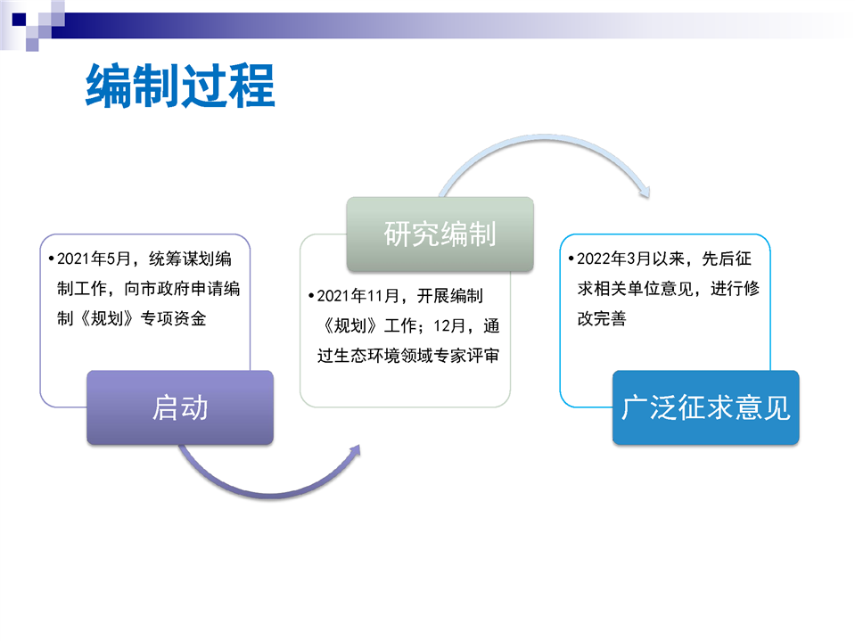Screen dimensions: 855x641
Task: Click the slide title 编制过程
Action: (x=180, y=86)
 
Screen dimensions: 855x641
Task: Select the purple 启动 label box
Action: (x=180, y=407)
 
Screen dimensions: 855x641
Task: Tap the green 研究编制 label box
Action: (x=440, y=234)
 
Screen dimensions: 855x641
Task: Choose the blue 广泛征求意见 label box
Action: (x=705, y=407)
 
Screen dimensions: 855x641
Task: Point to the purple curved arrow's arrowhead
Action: (x=355, y=452)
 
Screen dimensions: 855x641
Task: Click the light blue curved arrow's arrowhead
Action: (x=645, y=191)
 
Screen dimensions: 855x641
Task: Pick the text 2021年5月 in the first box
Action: (x=94, y=259)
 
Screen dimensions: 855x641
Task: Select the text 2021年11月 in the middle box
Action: (x=358, y=296)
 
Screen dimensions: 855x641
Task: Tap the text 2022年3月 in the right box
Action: (x=614, y=259)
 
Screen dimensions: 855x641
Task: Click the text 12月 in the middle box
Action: (x=449, y=326)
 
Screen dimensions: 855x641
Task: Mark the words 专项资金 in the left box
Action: (x=173, y=318)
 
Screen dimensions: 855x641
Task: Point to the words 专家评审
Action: (x=467, y=356)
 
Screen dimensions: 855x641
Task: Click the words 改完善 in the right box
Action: (x=602, y=318)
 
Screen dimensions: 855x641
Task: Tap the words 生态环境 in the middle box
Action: (x=367, y=356)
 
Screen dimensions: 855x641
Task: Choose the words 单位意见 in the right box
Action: (x=660, y=289)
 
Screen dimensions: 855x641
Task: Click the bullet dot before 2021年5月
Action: (x=51, y=259)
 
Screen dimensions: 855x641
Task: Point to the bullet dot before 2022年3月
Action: (x=571, y=259)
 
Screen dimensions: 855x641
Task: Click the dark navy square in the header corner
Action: (x=19, y=20)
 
